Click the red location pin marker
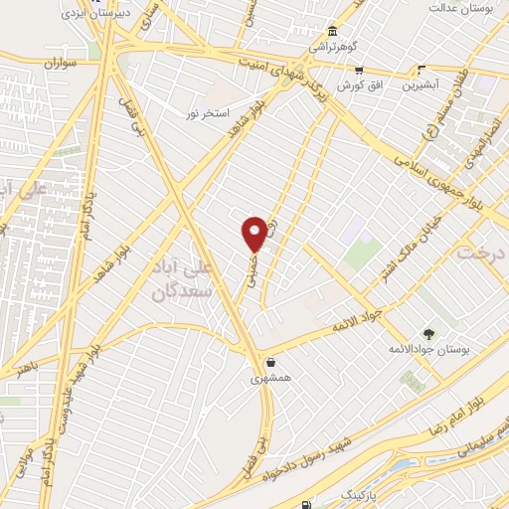coord(254,233)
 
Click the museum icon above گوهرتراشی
coord(331,30)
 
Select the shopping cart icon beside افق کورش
coord(359,71)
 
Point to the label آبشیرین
coord(423,85)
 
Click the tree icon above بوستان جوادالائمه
coord(428,334)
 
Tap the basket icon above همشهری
coord(271,362)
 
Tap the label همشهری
coord(271,379)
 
